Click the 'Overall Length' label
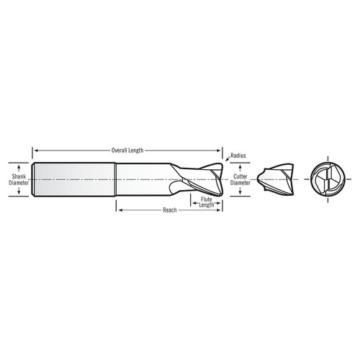tap(128, 150)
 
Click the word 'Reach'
tap(171, 210)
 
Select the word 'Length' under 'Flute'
tap(207, 205)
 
